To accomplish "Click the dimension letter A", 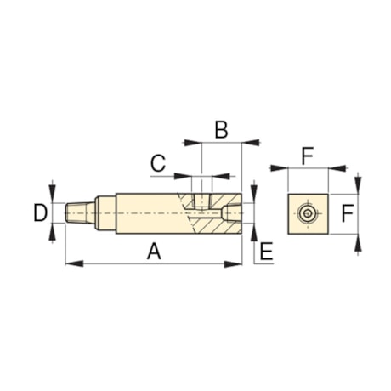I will click(x=153, y=251).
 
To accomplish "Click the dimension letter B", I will click(x=221, y=130).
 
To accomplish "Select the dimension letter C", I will click(x=157, y=162).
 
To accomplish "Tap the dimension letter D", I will click(x=40, y=212).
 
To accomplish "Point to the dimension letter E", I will click(x=265, y=251).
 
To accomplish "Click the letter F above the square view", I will click(x=308, y=155).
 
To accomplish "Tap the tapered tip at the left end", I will click(x=78, y=212).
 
